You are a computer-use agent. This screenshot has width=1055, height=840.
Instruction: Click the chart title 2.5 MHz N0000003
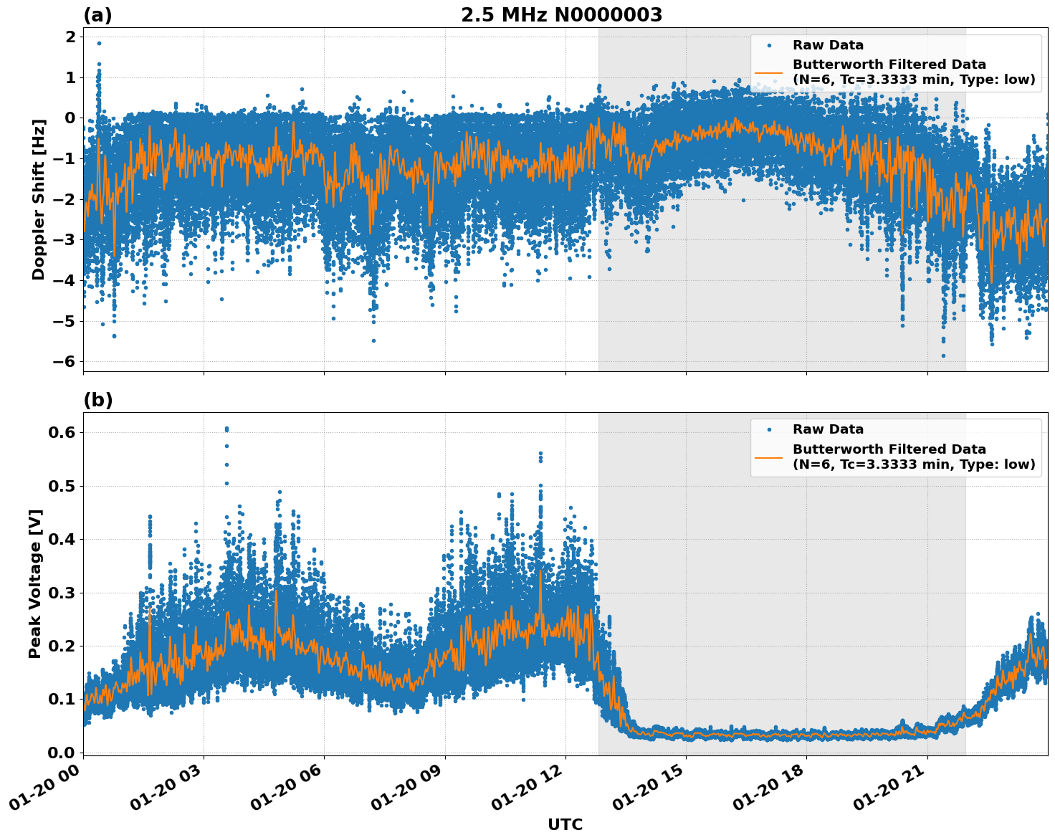[561, 15]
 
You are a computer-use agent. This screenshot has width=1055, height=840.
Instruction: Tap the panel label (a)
[97, 15]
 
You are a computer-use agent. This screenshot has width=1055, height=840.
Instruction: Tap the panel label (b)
[97, 400]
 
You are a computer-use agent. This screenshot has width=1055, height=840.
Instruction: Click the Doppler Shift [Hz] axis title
[39, 199]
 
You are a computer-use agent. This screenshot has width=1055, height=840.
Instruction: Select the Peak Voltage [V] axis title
[35, 583]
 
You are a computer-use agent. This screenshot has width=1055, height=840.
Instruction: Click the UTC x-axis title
[565, 825]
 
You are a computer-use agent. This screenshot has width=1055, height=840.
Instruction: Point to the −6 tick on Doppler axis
[65, 362]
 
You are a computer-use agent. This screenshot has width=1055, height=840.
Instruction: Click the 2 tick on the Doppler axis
[70, 37]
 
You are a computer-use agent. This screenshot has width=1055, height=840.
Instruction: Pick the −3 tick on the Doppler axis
[65, 240]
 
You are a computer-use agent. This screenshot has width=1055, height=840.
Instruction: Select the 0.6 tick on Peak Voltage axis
[62, 432]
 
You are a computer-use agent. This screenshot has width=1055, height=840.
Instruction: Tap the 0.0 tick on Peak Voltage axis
[62, 753]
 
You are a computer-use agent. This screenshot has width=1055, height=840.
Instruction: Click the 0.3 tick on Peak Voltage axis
[62, 593]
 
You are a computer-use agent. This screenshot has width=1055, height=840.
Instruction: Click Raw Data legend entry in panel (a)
[828, 45]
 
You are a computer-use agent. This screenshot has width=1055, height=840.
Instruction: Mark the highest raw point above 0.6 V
[226, 428]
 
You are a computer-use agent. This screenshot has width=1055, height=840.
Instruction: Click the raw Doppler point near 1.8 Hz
[99, 43]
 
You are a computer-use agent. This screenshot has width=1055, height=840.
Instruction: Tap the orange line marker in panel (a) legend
[768, 72]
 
